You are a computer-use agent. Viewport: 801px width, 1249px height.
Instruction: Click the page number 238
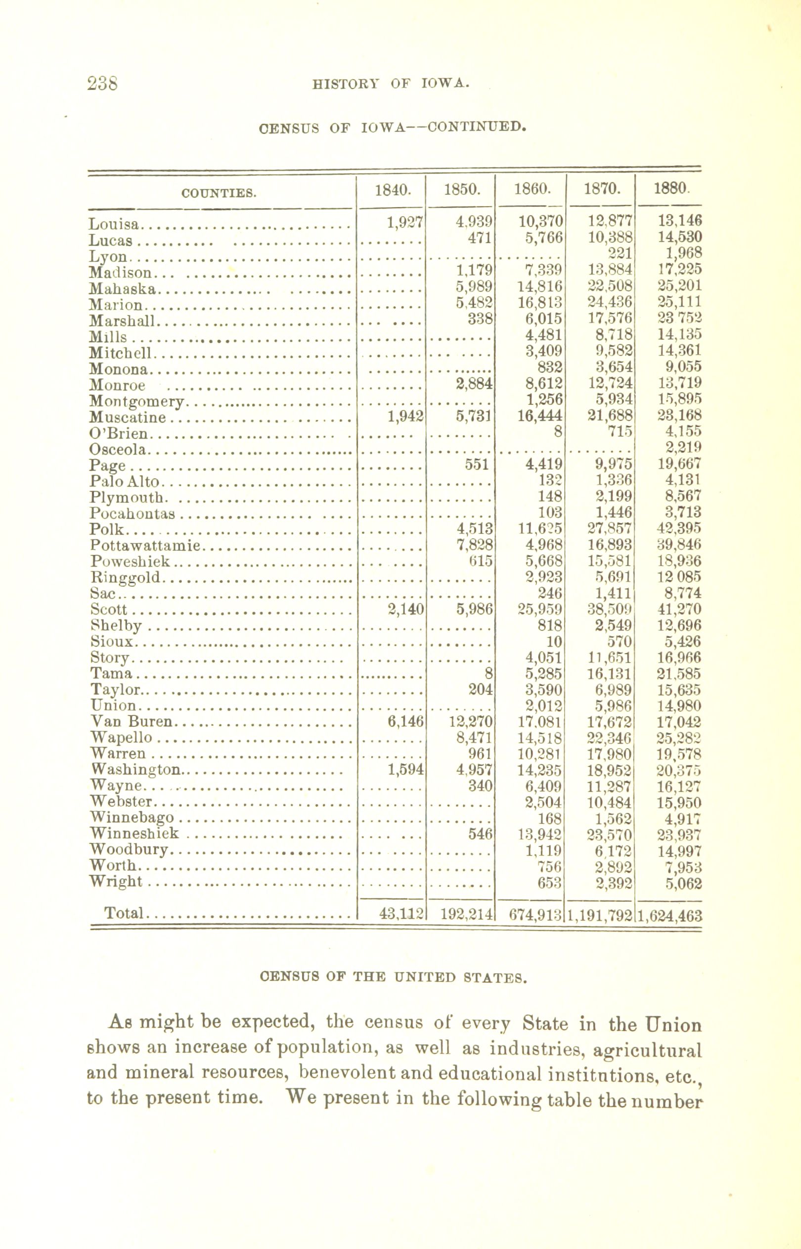tap(102, 83)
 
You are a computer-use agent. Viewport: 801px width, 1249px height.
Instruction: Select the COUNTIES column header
tap(219, 194)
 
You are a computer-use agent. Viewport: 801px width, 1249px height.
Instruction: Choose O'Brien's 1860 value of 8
tap(558, 432)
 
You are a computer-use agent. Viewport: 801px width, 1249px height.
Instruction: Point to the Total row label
tap(123, 913)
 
